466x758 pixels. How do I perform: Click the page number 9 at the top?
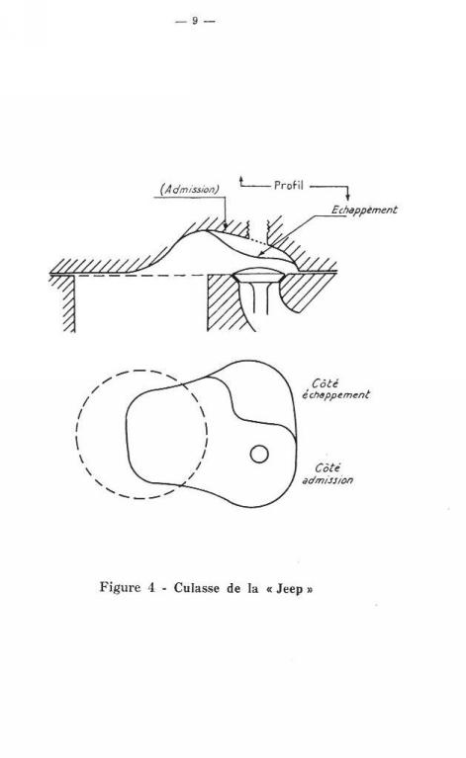point(195,21)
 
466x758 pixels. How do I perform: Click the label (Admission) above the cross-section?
point(190,190)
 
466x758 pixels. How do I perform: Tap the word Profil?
point(289,185)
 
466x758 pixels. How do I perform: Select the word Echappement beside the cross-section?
point(364,211)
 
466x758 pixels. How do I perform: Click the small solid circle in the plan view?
point(259,454)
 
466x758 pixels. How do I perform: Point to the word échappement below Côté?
point(335,395)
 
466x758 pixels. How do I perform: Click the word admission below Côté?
point(327,480)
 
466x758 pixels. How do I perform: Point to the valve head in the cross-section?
point(257,275)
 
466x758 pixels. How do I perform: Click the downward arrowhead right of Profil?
point(347,197)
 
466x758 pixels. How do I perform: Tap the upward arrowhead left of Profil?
point(241,180)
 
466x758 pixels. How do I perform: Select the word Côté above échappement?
point(325,383)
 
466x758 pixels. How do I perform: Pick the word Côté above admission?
point(327,468)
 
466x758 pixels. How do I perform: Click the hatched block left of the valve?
point(226,302)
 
